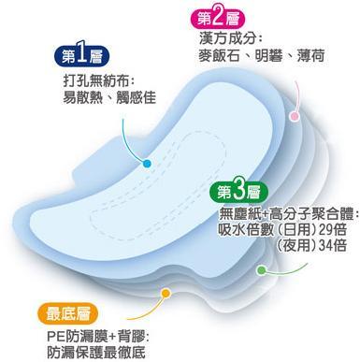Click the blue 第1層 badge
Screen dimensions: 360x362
coord(82,56)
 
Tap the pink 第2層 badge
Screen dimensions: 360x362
coord(219,19)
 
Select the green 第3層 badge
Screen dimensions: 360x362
coord(238,193)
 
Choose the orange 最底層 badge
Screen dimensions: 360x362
coord(67,313)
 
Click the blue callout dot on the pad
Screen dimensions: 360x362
coord(147,163)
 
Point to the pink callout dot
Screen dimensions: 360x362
coord(294,116)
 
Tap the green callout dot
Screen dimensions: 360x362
coord(261,270)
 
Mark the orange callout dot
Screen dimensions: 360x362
coord(166,293)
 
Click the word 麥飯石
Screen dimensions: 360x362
coord(219,56)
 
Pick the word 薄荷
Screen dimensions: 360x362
coord(310,56)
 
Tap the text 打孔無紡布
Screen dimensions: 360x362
coord(95,81)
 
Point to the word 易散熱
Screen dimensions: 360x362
coord(83,97)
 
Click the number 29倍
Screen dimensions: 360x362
coord(332,230)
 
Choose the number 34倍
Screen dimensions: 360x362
coord(332,245)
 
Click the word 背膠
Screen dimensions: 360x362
coord(131,337)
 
